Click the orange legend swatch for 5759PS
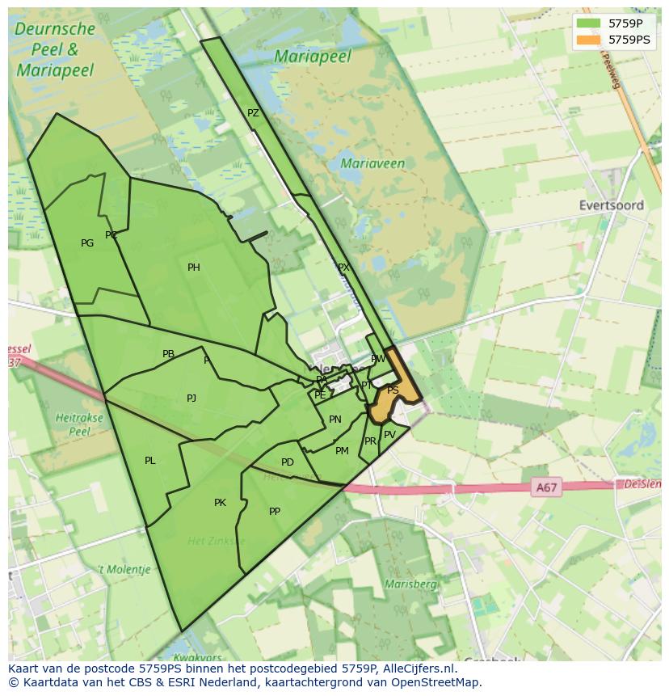point(588,40)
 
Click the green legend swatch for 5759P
point(588,23)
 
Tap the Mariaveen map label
point(372,163)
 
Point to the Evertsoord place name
point(612,205)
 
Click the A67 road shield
point(546,487)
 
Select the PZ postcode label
point(253,113)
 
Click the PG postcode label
point(87,243)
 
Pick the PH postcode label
point(194,268)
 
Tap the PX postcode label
point(343,268)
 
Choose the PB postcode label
point(168,354)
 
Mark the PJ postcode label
point(191,398)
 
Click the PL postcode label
point(149,461)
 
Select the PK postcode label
point(220,503)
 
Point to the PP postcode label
point(275,511)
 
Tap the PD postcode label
point(288,462)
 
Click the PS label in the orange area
point(393,390)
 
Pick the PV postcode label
point(389,434)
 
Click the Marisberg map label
point(411,584)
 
